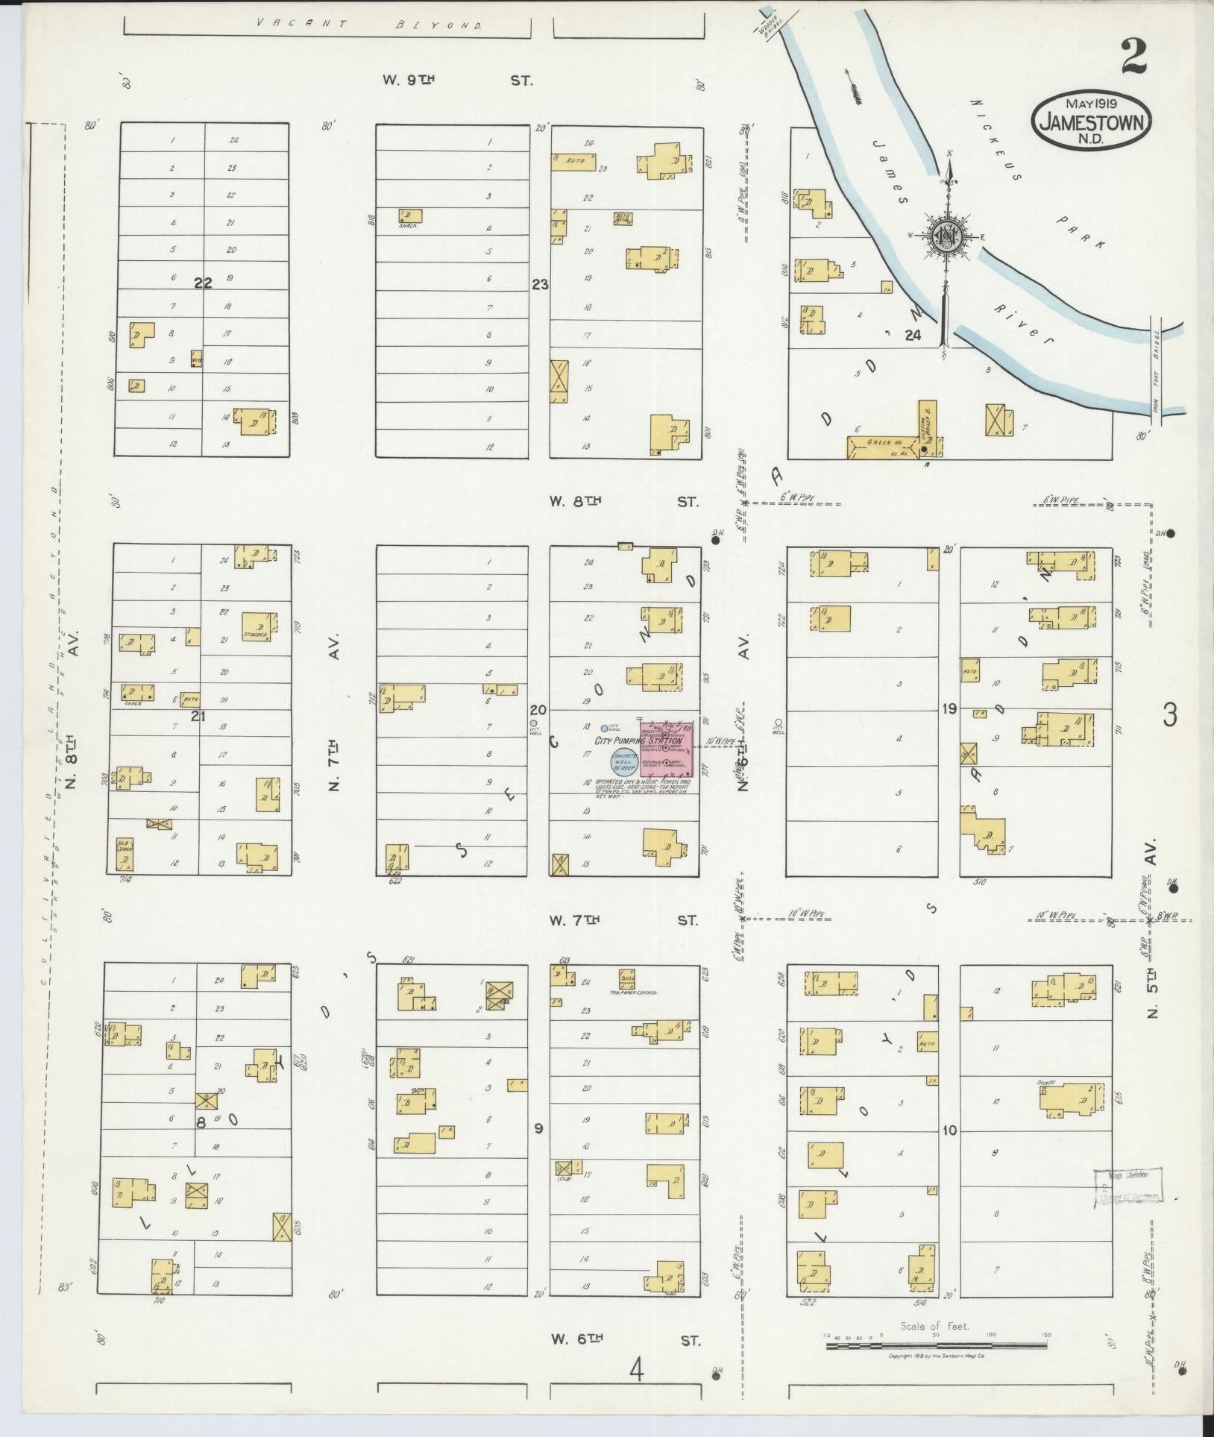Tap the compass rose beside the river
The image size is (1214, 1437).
[946, 236]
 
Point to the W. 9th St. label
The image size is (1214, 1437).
[457, 81]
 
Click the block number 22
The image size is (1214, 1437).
[203, 283]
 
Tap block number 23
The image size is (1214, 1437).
[540, 284]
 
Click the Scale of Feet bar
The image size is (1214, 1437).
[936, 1345]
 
